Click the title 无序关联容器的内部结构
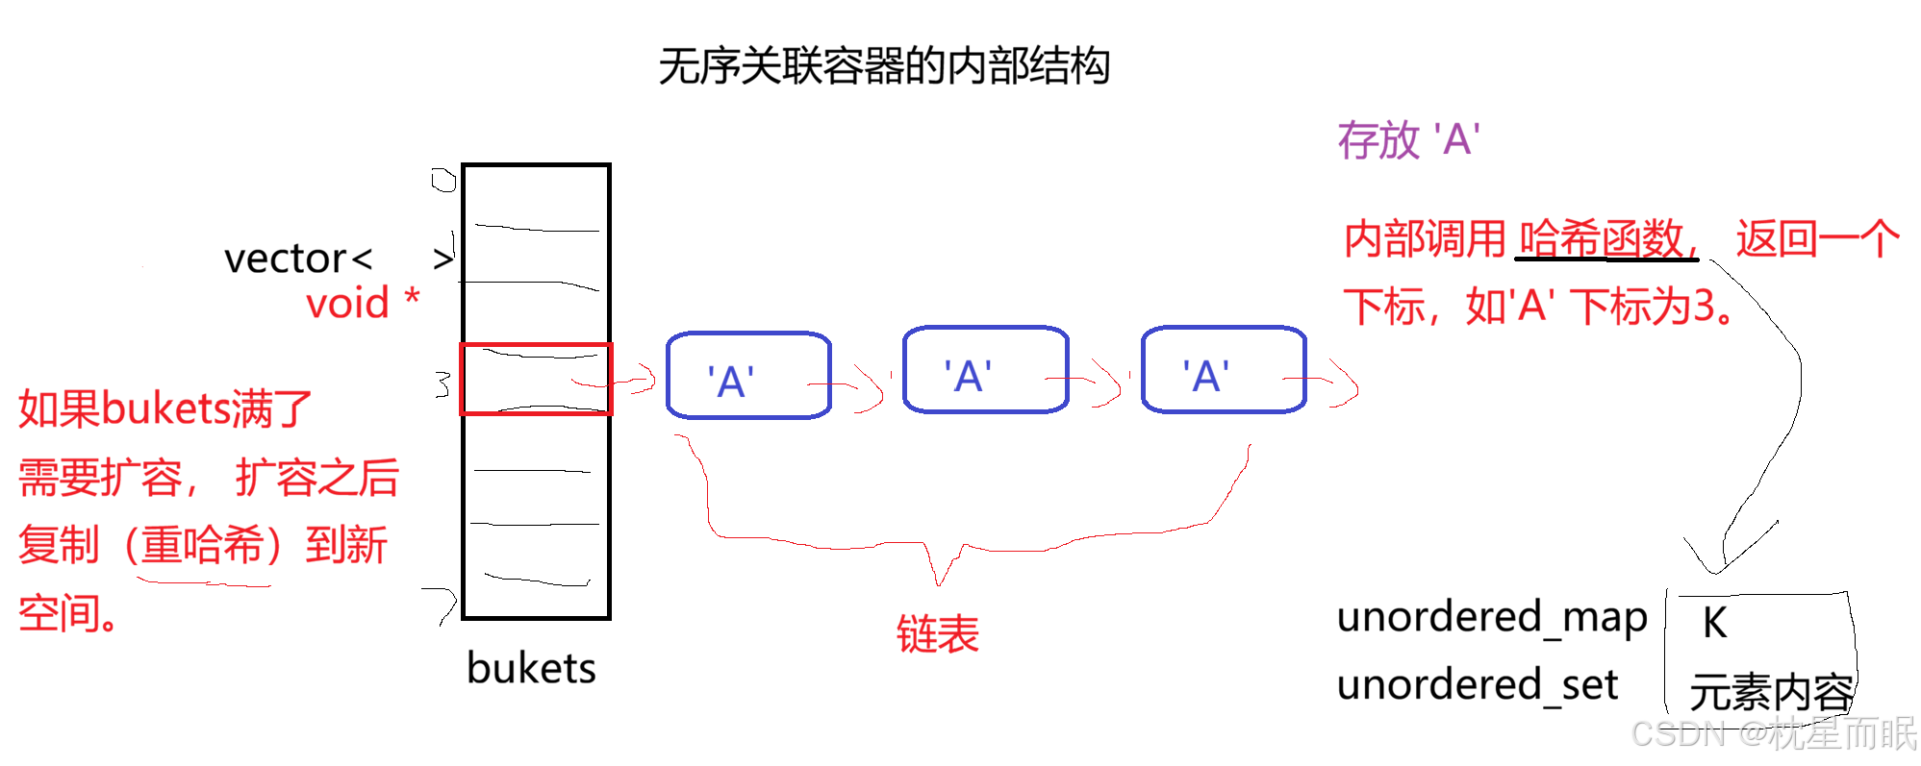coord(884,66)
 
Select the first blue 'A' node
coord(748,376)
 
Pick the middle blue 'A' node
coord(986,370)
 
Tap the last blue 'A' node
coord(1224,370)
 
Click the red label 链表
coord(938,634)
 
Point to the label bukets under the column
coord(531,668)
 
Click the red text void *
coord(363,303)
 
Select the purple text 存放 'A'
coord(1408,140)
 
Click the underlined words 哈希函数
coord(1602,238)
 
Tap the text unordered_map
coord(1492,617)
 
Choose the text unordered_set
coord(1478,684)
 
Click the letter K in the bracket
coord(1714,623)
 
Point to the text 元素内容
coord(1772,692)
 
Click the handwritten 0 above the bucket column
coord(443,180)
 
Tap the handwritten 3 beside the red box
coord(442,383)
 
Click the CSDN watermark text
coord(1775,733)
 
